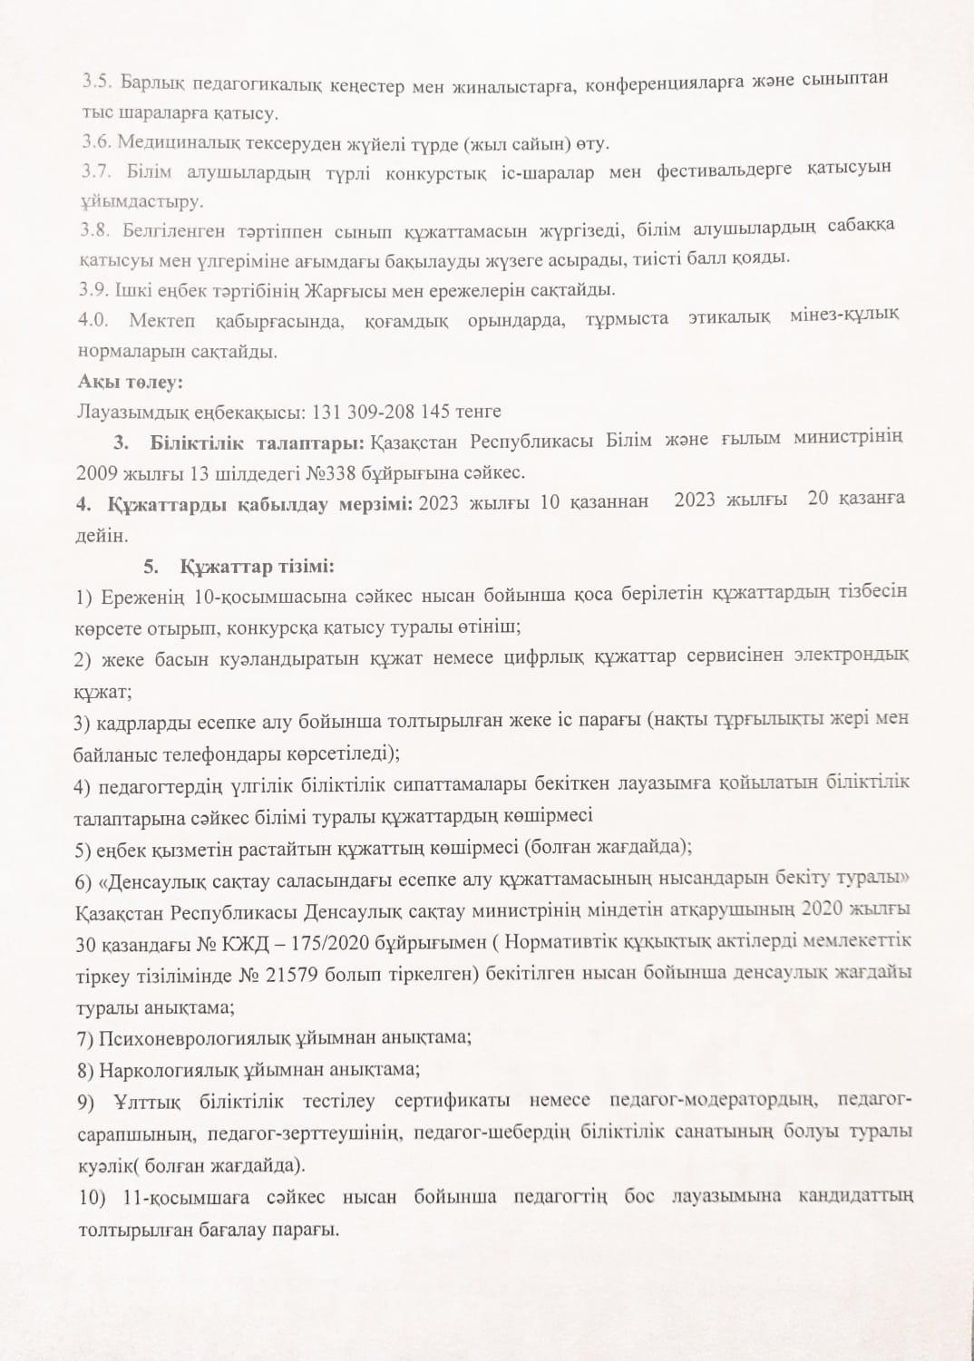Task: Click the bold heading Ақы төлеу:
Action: [x=131, y=382]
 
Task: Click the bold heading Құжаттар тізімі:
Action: [x=258, y=568]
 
